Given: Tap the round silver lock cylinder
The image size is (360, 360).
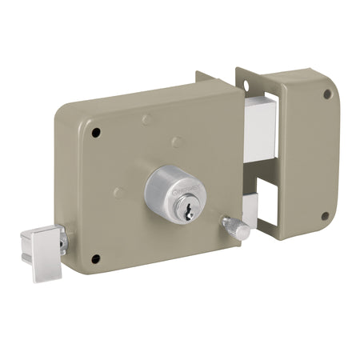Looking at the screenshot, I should (174, 190).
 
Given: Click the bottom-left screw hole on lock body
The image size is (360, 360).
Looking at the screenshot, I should (96, 258).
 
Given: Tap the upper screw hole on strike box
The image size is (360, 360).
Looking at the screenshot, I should (327, 94).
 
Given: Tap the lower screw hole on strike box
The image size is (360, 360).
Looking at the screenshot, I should (325, 215).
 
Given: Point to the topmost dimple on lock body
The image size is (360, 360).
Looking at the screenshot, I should (146, 121).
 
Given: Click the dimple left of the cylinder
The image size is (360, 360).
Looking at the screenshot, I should (118, 192).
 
